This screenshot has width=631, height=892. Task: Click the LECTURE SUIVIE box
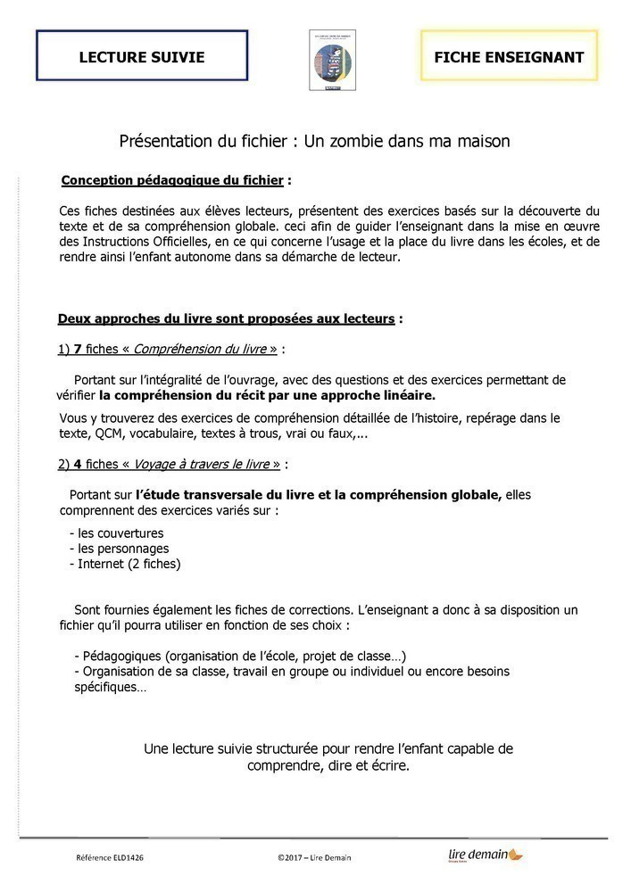click(x=142, y=57)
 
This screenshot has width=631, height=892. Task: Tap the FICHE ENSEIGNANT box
click(x=509, y=57)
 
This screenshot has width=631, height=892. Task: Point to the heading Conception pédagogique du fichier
click(x=172, y=181)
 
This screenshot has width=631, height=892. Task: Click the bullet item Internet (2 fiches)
click(x=129, y=564)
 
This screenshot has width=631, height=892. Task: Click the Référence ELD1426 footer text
click(x=110, y=857)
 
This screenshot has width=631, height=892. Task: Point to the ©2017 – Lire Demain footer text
click(x=314, y=857)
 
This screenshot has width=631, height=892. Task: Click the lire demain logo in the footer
click(x=486, y=855)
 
